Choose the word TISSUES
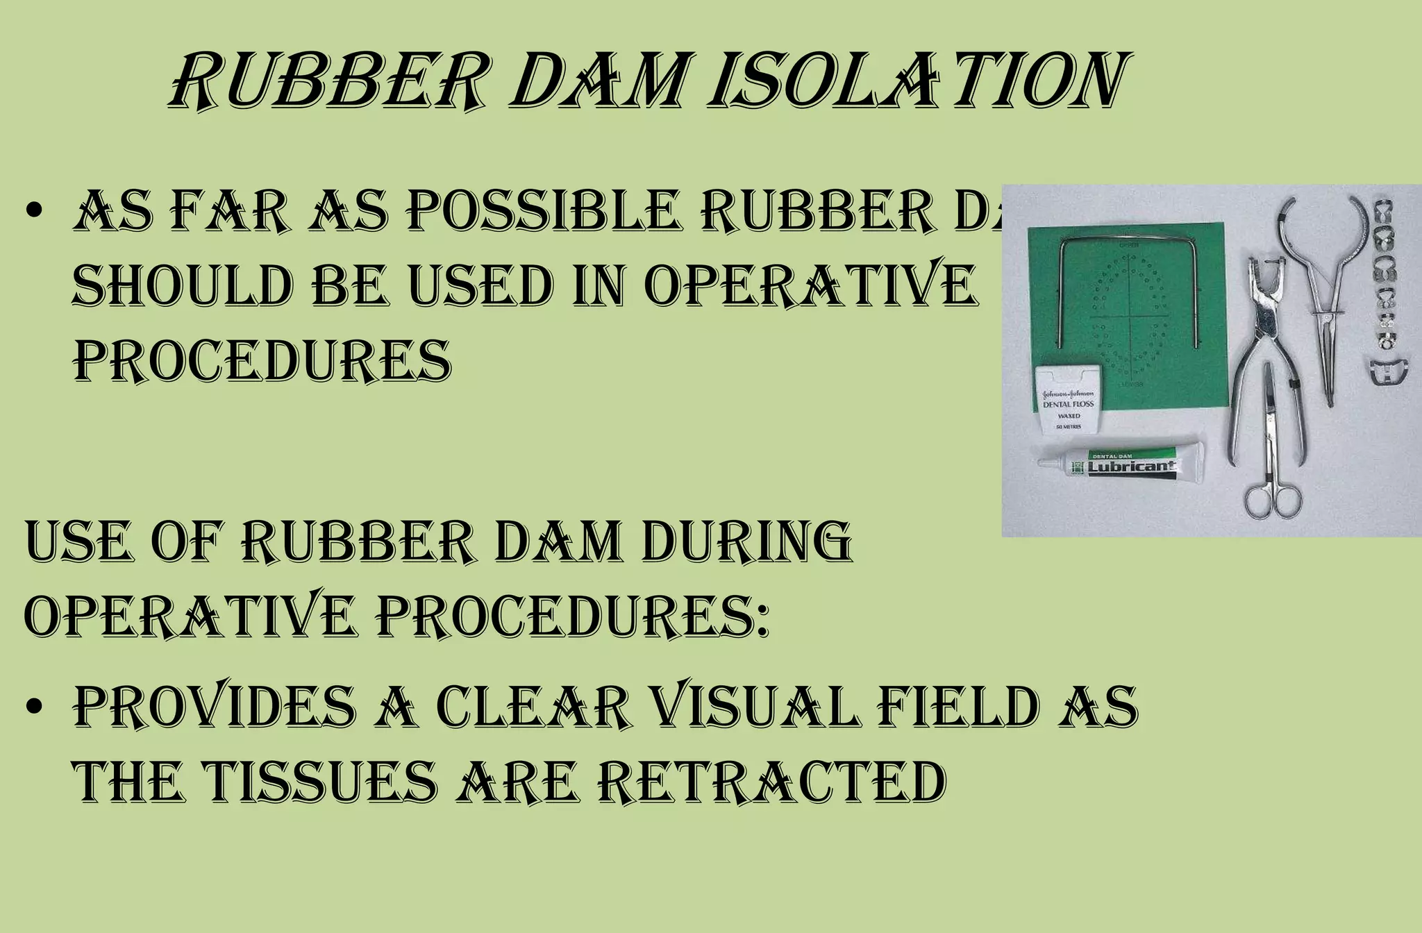coord(315,782)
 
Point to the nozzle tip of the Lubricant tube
coord(1044,461)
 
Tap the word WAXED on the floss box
coord(1069,416)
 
